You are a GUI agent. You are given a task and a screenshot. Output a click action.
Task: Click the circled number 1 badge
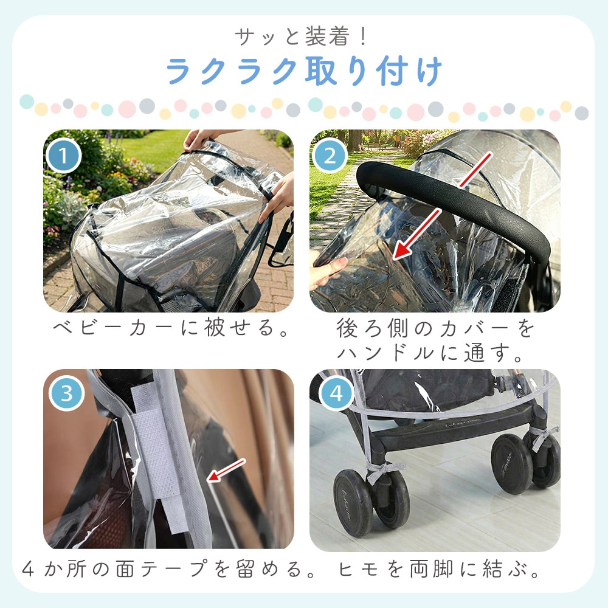pyautogui.click(x=63, y=156)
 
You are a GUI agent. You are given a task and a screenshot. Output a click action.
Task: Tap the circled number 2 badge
pyautogui.click(x=330, y=156)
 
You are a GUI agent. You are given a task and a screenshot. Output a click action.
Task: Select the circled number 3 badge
pyautogui.click(x=67, y=393)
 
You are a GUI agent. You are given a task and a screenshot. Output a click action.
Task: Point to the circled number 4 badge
pyautogui.click(x=336, y=393)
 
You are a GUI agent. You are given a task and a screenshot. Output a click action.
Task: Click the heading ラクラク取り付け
pyautogui.click(x=305, y=71)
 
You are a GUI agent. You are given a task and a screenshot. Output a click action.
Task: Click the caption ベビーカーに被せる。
pyautogui.click(x=171, y=327)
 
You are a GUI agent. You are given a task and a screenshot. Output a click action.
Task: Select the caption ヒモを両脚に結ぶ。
pyautogui.click(x=438, y=569)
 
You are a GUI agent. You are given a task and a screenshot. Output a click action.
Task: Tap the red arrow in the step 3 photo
pyautogui.click(x=226, y=471)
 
